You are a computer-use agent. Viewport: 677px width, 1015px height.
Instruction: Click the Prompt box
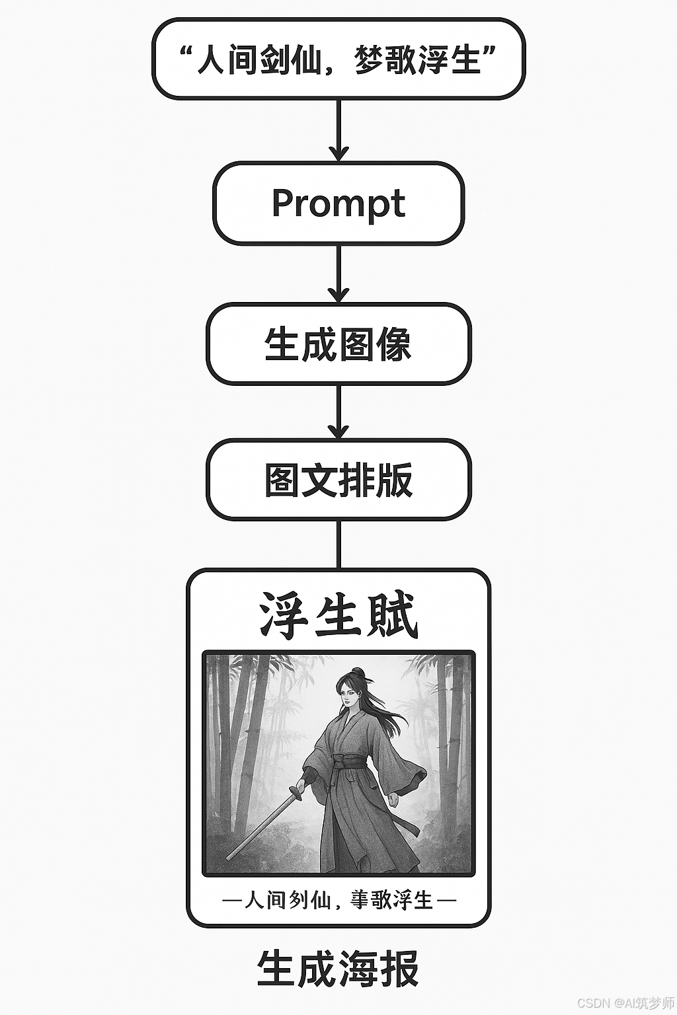(x=338, y=204)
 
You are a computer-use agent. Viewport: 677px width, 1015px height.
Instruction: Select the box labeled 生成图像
(x=338, y=344)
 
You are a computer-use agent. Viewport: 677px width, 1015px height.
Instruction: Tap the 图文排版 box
(x=338, y=480)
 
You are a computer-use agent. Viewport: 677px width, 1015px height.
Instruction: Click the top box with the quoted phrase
(x=338, y=59)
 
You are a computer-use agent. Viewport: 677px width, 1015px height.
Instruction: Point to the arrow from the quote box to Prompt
(x=338, y=130)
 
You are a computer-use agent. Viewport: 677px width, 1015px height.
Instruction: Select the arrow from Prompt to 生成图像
(x=338, y=273)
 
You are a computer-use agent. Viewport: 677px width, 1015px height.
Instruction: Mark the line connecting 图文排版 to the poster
(x=338, y=544)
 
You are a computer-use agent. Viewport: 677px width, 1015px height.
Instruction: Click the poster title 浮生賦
(x=338, y=615)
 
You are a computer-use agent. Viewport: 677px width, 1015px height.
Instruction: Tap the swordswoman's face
(x=348, y=691)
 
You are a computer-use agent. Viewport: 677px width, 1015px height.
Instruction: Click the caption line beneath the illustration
(x=338, y=899)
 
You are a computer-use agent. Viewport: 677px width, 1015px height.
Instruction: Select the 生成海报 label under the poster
(x=338, y=969)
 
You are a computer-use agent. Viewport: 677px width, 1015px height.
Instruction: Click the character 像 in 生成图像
(x=393, y=344)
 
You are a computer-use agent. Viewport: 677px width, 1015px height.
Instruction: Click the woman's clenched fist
(x=393, y=800)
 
